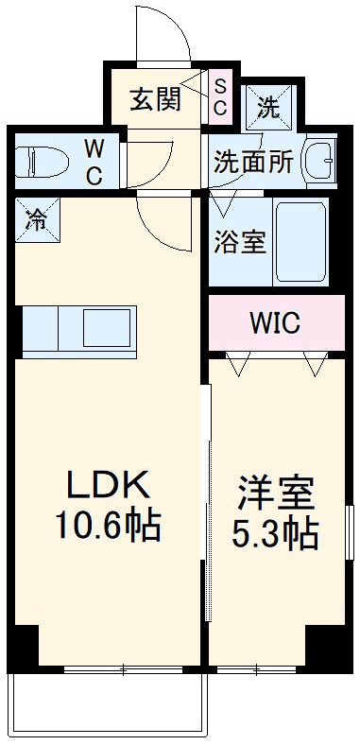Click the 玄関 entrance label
pyautogui.click(x=155, y=99)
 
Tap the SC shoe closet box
pyautogui.click(x=218, y=97)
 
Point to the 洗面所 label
pyautogui.click(x=251, y=161)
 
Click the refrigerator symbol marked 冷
pyautogui.click(x=36, y=220)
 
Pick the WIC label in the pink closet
pyautogui.click(x=274, y=322)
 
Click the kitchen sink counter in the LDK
pyautogui.click(x=79, y=329)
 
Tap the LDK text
pyautogui.click(x=106, y=486)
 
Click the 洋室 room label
pyautogui.click(x=274, y=494)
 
